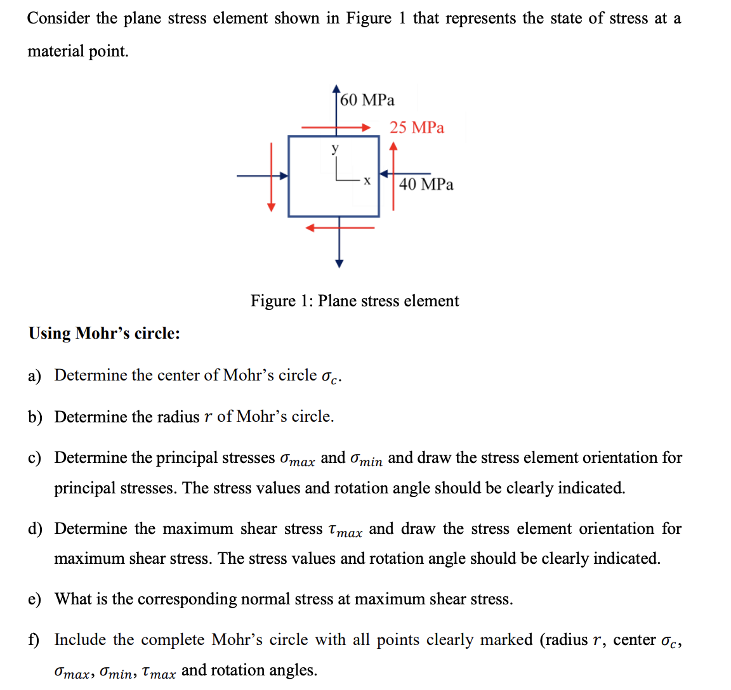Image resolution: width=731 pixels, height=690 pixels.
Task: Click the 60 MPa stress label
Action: tap(367, 100)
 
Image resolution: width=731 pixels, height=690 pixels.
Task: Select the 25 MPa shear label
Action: tap(417, 127)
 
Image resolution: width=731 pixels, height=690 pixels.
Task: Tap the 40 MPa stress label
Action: tap(426, 185)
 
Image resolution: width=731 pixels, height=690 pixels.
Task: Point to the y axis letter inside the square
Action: tap(335, 148)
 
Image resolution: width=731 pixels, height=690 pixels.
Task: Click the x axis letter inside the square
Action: tap(367, 181)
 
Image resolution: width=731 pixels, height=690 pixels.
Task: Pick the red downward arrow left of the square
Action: tap(272, 177)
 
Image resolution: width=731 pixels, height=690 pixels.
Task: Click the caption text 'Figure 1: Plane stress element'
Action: tap(354, 301)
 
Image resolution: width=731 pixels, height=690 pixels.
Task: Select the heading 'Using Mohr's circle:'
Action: tap(104, 334)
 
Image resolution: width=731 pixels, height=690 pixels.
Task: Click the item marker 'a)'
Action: tap(34, 376)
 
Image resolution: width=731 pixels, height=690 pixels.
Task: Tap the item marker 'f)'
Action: tap(34, 640)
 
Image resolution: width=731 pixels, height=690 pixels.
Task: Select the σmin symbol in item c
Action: tap(366, 459)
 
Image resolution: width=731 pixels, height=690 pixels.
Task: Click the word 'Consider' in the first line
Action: tap(58, 18)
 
